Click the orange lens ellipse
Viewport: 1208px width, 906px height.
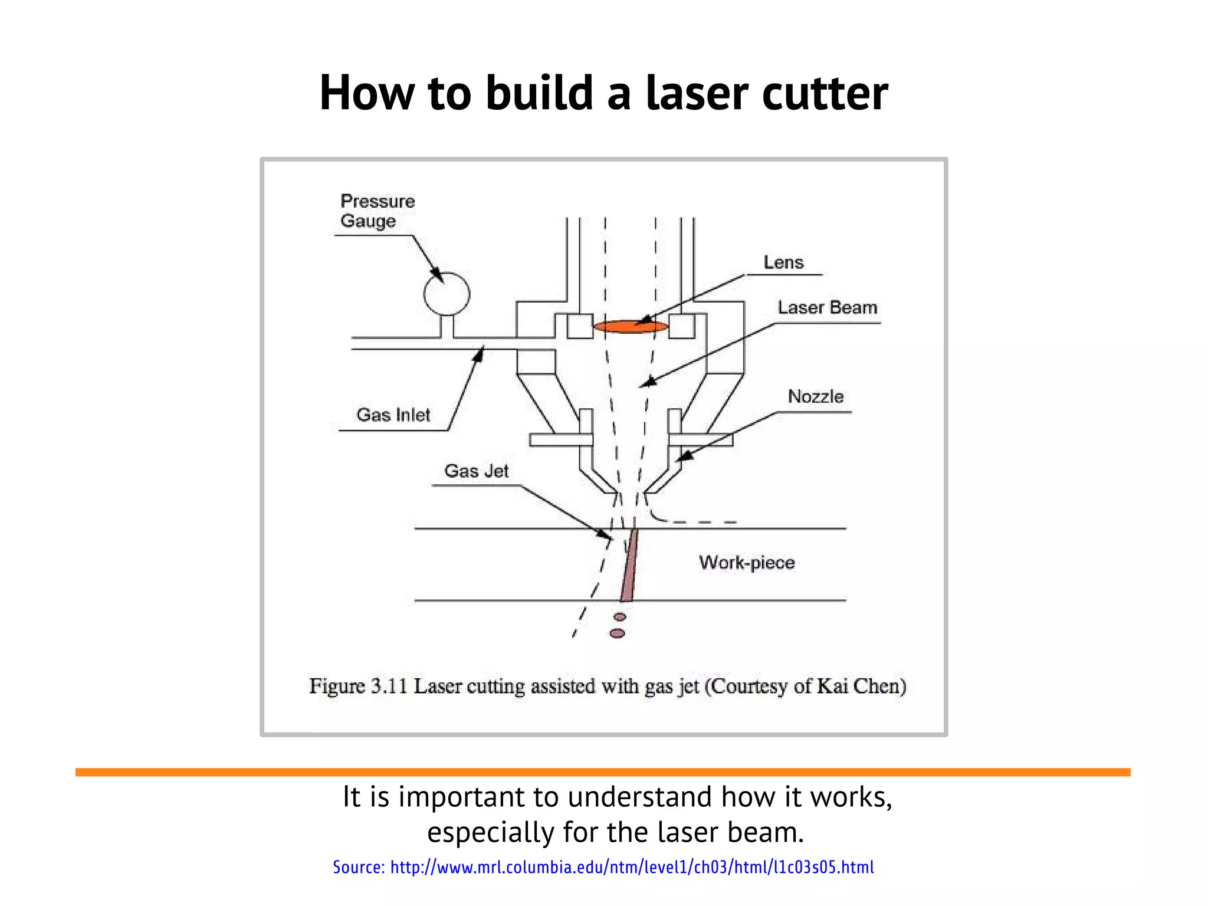click(630, 327)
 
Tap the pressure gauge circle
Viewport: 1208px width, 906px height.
click(447, 294)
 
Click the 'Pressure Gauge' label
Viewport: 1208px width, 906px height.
click(377, 211)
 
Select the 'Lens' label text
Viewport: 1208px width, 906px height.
click(783, 262)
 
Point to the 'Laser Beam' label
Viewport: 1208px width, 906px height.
click(827, 307)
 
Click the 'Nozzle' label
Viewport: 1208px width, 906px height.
click(815, 396)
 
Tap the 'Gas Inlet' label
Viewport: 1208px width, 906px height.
click(393, 415)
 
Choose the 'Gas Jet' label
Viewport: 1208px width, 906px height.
click(476, 471)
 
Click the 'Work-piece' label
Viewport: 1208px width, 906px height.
click(747, 562)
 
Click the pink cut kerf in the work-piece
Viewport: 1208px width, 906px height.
click(629, 566)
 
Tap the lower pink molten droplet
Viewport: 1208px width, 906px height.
click(617, 633)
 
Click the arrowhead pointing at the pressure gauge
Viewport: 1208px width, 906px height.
click(438, 276)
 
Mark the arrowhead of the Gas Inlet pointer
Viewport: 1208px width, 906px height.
click(480, 353)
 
